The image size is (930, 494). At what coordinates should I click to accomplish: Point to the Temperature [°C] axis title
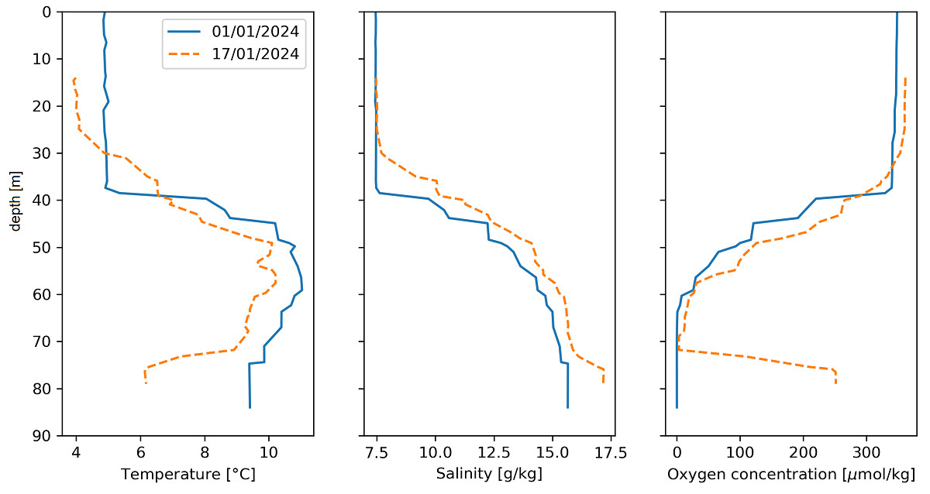point(188,473)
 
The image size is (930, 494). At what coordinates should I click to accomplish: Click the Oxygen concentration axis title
point(791,473)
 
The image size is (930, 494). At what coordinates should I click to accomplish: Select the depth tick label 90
point(43,436)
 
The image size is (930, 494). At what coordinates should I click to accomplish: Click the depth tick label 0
point(46,12)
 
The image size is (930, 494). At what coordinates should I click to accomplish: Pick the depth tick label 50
point(43,247)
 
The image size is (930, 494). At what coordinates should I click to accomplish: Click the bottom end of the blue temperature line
point(250,407)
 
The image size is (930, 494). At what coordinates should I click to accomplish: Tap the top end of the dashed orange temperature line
point(74,78)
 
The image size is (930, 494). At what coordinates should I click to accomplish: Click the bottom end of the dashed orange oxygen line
point(835,383)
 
